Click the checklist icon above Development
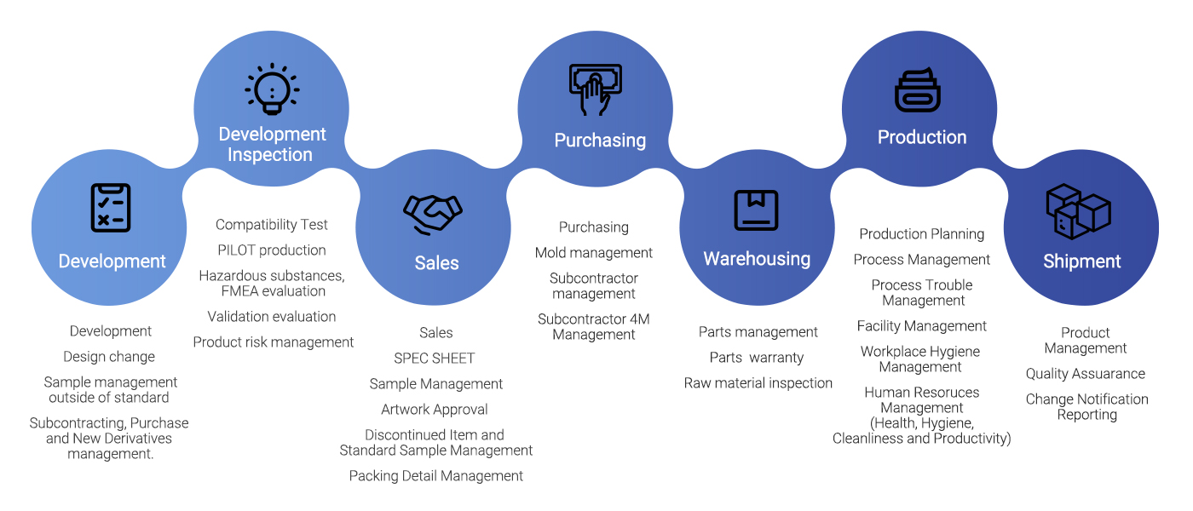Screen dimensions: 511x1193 (111, 208)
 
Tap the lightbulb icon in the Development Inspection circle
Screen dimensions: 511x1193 (271, 89)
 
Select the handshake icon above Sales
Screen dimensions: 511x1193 (433, 214)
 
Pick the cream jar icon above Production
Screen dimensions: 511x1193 (917, 89)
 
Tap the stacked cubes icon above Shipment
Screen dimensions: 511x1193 (1078, 211)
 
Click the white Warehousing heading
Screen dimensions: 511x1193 (757, 259)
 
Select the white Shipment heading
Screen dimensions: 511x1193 (1081, 261)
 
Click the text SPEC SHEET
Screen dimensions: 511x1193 (435, 359)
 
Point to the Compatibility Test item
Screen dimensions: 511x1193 (272, 225)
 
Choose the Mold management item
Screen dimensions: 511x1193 (594, 253)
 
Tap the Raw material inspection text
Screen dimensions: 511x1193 (758, 383)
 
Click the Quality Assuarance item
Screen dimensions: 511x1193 (1086, 374)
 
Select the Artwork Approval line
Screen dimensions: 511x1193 (435, 410)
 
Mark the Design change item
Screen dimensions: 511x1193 (109, 357)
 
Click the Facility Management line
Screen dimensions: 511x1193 (922, 326)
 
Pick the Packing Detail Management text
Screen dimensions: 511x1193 (436, 476)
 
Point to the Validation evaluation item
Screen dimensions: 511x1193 (272, 317)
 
